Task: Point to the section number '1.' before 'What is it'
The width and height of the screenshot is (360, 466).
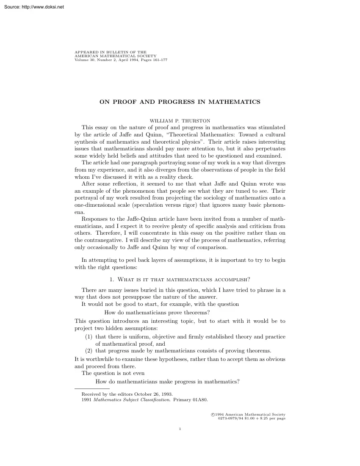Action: coord(112,279)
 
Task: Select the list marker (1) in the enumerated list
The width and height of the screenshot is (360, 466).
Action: coord(89,337)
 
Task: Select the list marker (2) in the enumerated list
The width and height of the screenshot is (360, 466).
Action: coord(89,351)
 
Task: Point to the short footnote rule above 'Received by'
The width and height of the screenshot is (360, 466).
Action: coord(92,388)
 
